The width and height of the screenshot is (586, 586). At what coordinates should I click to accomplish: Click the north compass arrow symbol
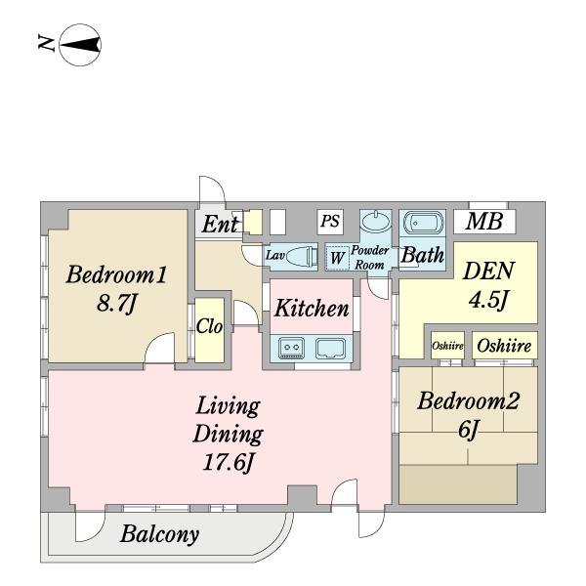[80, 45]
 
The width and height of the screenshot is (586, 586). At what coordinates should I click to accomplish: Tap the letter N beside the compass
[46, 43]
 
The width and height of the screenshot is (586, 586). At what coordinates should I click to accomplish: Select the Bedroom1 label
[116, 274]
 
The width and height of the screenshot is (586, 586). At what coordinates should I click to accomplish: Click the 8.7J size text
[117, 303]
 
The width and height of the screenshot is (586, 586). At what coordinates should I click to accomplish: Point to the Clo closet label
[209, 326]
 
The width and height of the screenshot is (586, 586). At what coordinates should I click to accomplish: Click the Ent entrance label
[220, 225]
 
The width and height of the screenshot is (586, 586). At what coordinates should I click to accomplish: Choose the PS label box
[330, 222]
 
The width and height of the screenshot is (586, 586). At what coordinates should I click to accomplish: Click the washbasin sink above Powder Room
[376, 222]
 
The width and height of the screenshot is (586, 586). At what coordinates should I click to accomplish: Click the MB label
[484, 221]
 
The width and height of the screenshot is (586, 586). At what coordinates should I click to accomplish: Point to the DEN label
[488, 271]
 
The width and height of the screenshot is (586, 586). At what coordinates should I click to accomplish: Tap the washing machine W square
[338, 257]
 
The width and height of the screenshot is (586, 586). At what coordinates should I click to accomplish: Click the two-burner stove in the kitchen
[291, 348]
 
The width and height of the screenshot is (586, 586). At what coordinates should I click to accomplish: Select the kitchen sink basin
[330, 349]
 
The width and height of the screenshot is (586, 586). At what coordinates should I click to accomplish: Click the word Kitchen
[312, 309]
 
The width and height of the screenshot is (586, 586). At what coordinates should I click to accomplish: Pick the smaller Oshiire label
[447, 346]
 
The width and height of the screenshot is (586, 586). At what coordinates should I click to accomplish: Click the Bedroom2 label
[468, 400]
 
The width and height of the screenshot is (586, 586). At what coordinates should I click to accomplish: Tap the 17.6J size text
[228, 462]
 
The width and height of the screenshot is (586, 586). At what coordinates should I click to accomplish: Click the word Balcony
[159, 535]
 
